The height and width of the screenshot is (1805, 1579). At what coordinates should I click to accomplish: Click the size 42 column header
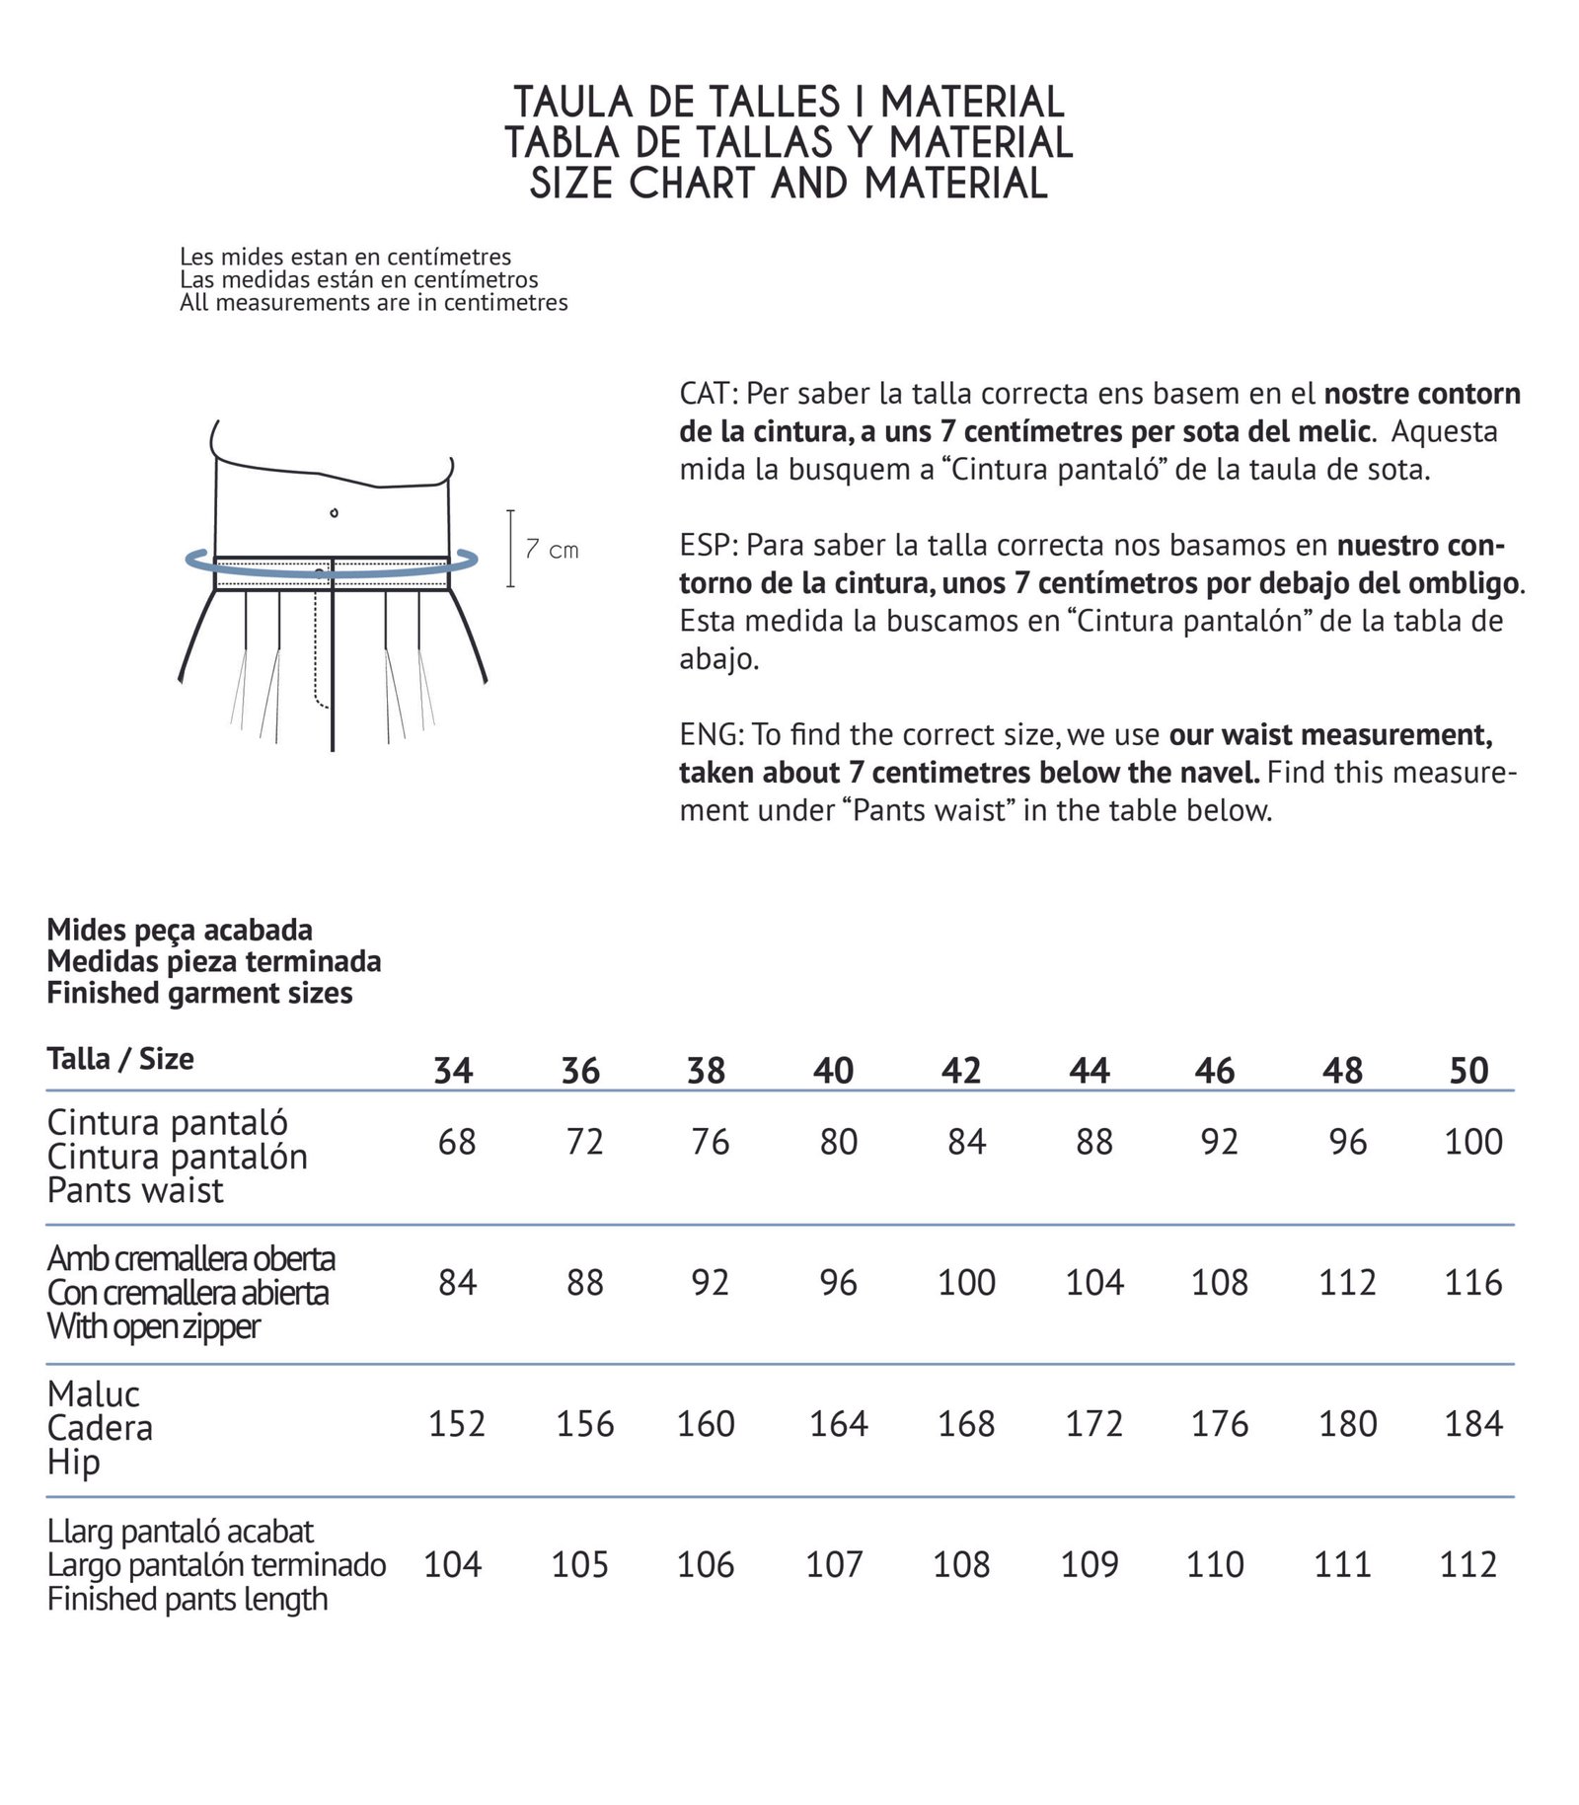coord(960,1071)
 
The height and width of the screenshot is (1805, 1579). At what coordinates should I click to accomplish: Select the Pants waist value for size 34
coord(457,1142)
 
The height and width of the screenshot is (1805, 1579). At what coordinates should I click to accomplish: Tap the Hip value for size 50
coord(1472,1424)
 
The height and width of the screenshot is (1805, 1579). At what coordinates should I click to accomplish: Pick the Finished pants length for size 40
coord(834,1565)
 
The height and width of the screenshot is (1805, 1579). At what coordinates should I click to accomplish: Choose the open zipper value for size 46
coord(1220,1283)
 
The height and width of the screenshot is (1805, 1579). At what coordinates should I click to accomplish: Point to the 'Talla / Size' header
coord(120,1059)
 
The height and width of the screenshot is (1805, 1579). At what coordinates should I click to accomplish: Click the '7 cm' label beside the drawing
coord(552,550)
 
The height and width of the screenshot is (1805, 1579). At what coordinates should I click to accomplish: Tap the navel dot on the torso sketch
coord(335,512)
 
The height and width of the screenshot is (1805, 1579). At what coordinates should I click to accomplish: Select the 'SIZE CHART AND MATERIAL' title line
coord(789,185)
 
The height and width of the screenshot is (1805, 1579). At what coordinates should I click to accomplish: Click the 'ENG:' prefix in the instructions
coord(712,734)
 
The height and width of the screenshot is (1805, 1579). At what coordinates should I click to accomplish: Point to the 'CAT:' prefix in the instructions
coord(709,394)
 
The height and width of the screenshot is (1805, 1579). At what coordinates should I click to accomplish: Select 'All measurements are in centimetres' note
coord(373,303)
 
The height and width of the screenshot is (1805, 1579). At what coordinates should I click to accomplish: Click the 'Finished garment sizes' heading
coord(199,993)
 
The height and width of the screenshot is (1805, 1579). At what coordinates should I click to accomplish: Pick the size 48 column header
coord(1342,1071)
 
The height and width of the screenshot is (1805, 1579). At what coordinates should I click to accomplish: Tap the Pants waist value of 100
coord(1472,1142)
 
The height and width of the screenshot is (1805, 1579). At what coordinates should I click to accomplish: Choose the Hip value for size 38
coord(706,1424)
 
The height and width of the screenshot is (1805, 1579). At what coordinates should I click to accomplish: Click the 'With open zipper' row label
coord(154,1327)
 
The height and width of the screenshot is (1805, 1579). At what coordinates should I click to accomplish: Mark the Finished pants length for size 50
coord(1468,1565)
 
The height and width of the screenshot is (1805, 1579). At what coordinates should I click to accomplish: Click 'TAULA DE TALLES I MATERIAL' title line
coord(789,103)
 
